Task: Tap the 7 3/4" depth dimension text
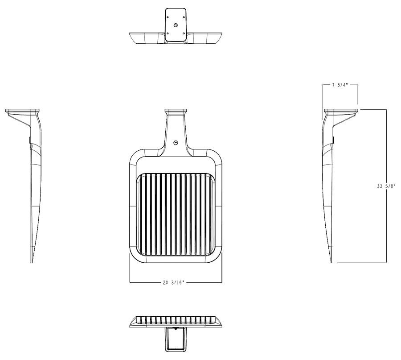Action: [340, 85]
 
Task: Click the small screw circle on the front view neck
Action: [176, 143]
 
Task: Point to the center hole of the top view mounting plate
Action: [176, 26]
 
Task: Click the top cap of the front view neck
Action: [176, 111]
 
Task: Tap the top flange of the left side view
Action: [23, 111]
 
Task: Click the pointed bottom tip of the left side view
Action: [31, 261]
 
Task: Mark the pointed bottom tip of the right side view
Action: [332, 262]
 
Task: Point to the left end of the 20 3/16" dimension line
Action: [130, 282]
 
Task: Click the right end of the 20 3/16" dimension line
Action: [222, 282]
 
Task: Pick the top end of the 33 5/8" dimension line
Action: [386, 109]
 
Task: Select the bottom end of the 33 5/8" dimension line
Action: [386, 263]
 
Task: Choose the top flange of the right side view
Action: [341, 111]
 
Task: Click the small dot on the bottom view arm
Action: [176, 329]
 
